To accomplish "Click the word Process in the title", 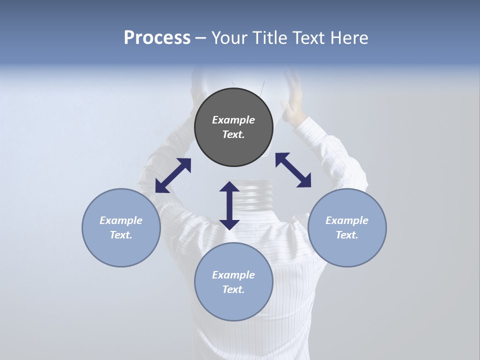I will [x=157, y=38].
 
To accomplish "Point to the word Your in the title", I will [x=229, y=38].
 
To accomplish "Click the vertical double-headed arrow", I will [x=229, y=205].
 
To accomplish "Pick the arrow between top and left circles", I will [x=173, y=175].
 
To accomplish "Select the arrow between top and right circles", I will [x=293, y=170].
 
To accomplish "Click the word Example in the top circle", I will [x=233, y=120].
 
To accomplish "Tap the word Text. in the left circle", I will [x=121, y=235].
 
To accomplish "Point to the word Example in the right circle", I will [x=347, y=220].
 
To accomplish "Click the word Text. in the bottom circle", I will [x=233, y=289].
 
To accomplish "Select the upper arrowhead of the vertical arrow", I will [x=229, y=187].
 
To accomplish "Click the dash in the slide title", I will [x=201, y=38].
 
